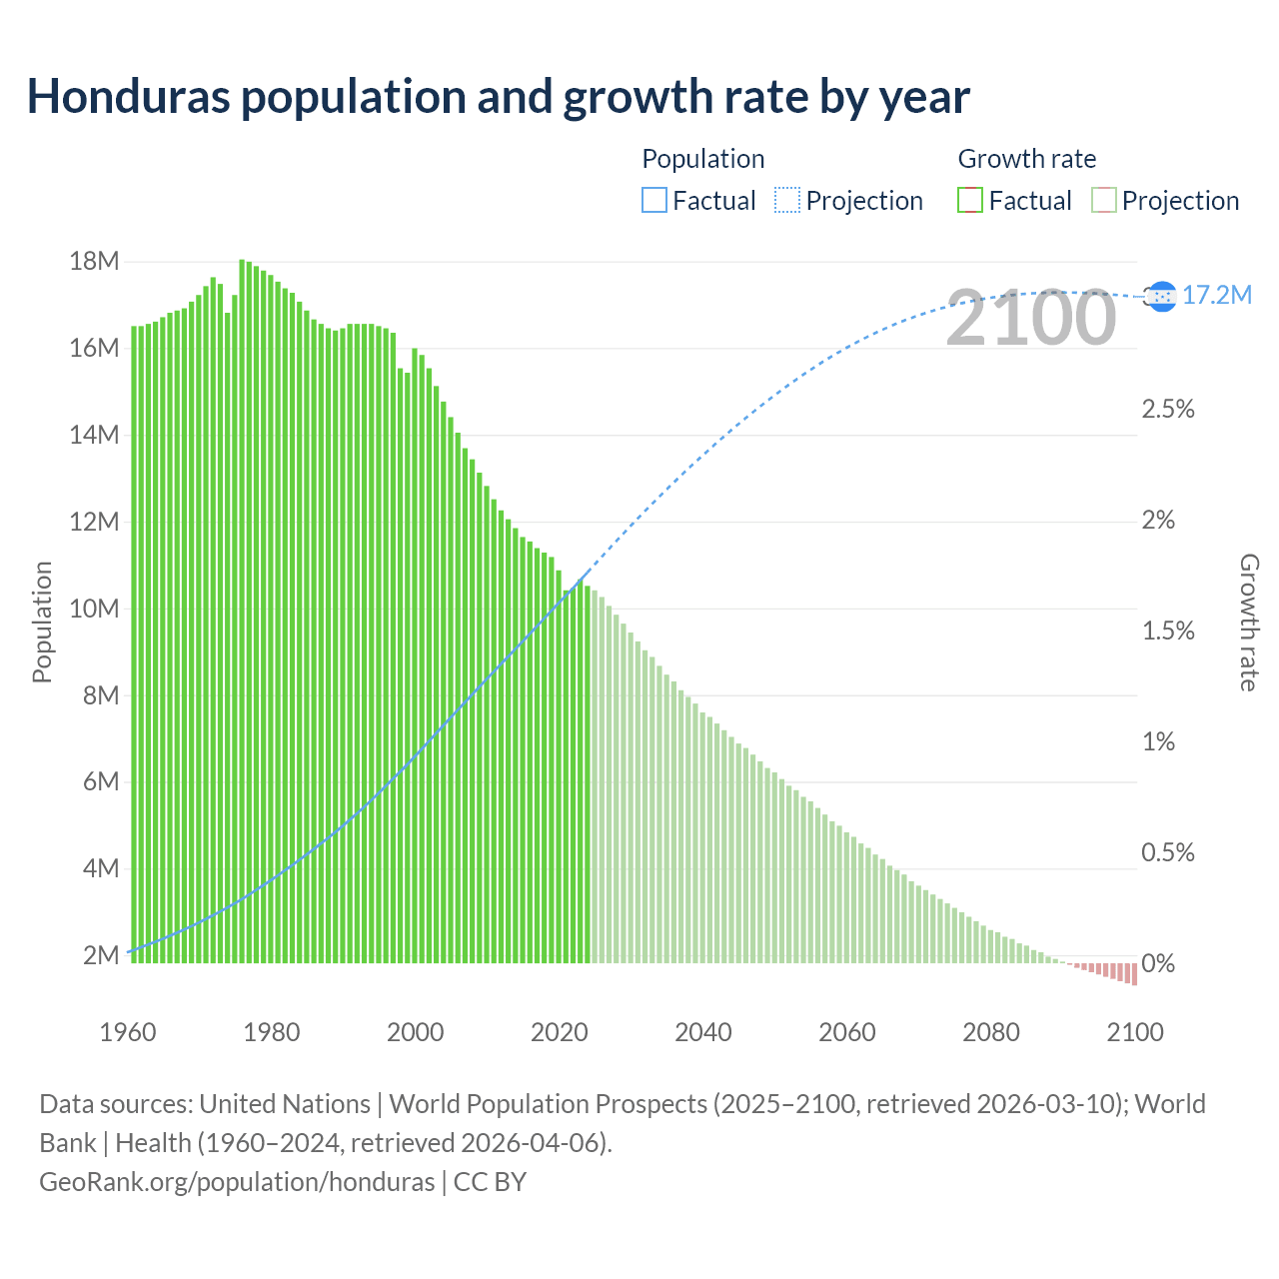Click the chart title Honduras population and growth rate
[498, 97]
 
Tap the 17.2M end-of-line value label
[1216, 295]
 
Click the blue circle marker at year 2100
[1161, 296]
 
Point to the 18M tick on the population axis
[94, 262]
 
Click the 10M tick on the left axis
[94, 609]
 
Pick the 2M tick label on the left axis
[101, 955]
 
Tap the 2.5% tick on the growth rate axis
[1167, 409]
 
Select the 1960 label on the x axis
[128, 1032]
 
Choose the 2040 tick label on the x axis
[703, 1032]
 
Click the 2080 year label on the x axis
[991, 1032]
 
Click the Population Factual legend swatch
[653, 201]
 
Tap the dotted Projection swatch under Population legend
[787, 201]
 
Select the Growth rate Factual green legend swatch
[969, 201]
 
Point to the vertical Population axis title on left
[42, 622]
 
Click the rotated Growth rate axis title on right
[1248, 622]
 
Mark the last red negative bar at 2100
[1134, 974]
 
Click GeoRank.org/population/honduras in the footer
[237, 1181]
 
